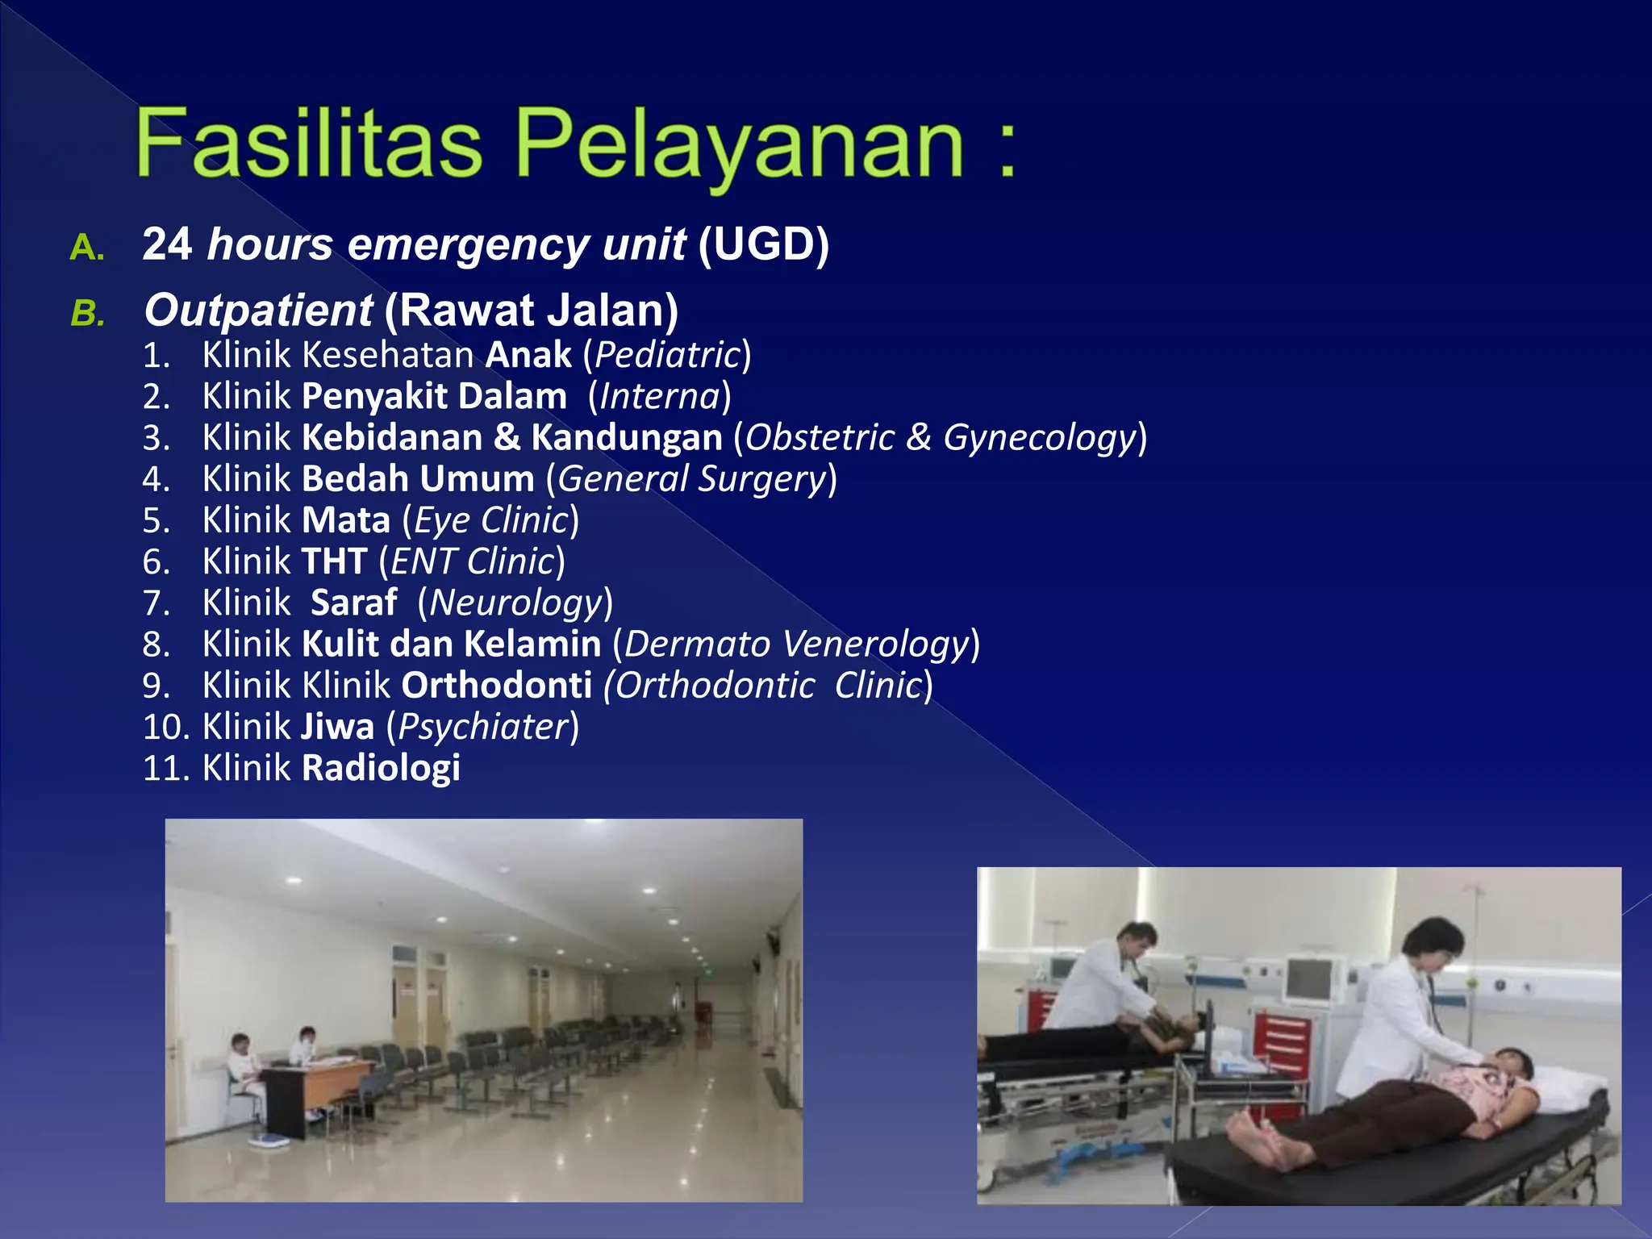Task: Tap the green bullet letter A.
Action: (x=86, y=248)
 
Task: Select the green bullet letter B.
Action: (x=86, y=314)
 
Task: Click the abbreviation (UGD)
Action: (x=763, y=244)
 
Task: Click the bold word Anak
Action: (x=528, y=355)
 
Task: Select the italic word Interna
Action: (x=659, y=396)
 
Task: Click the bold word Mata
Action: (x=346, y=520)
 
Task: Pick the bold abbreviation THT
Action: (x=334, y=561)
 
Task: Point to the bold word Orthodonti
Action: (x=497, y=686)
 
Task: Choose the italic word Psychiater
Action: (x=483, y=727)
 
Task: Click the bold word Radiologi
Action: (x=381, y=768)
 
